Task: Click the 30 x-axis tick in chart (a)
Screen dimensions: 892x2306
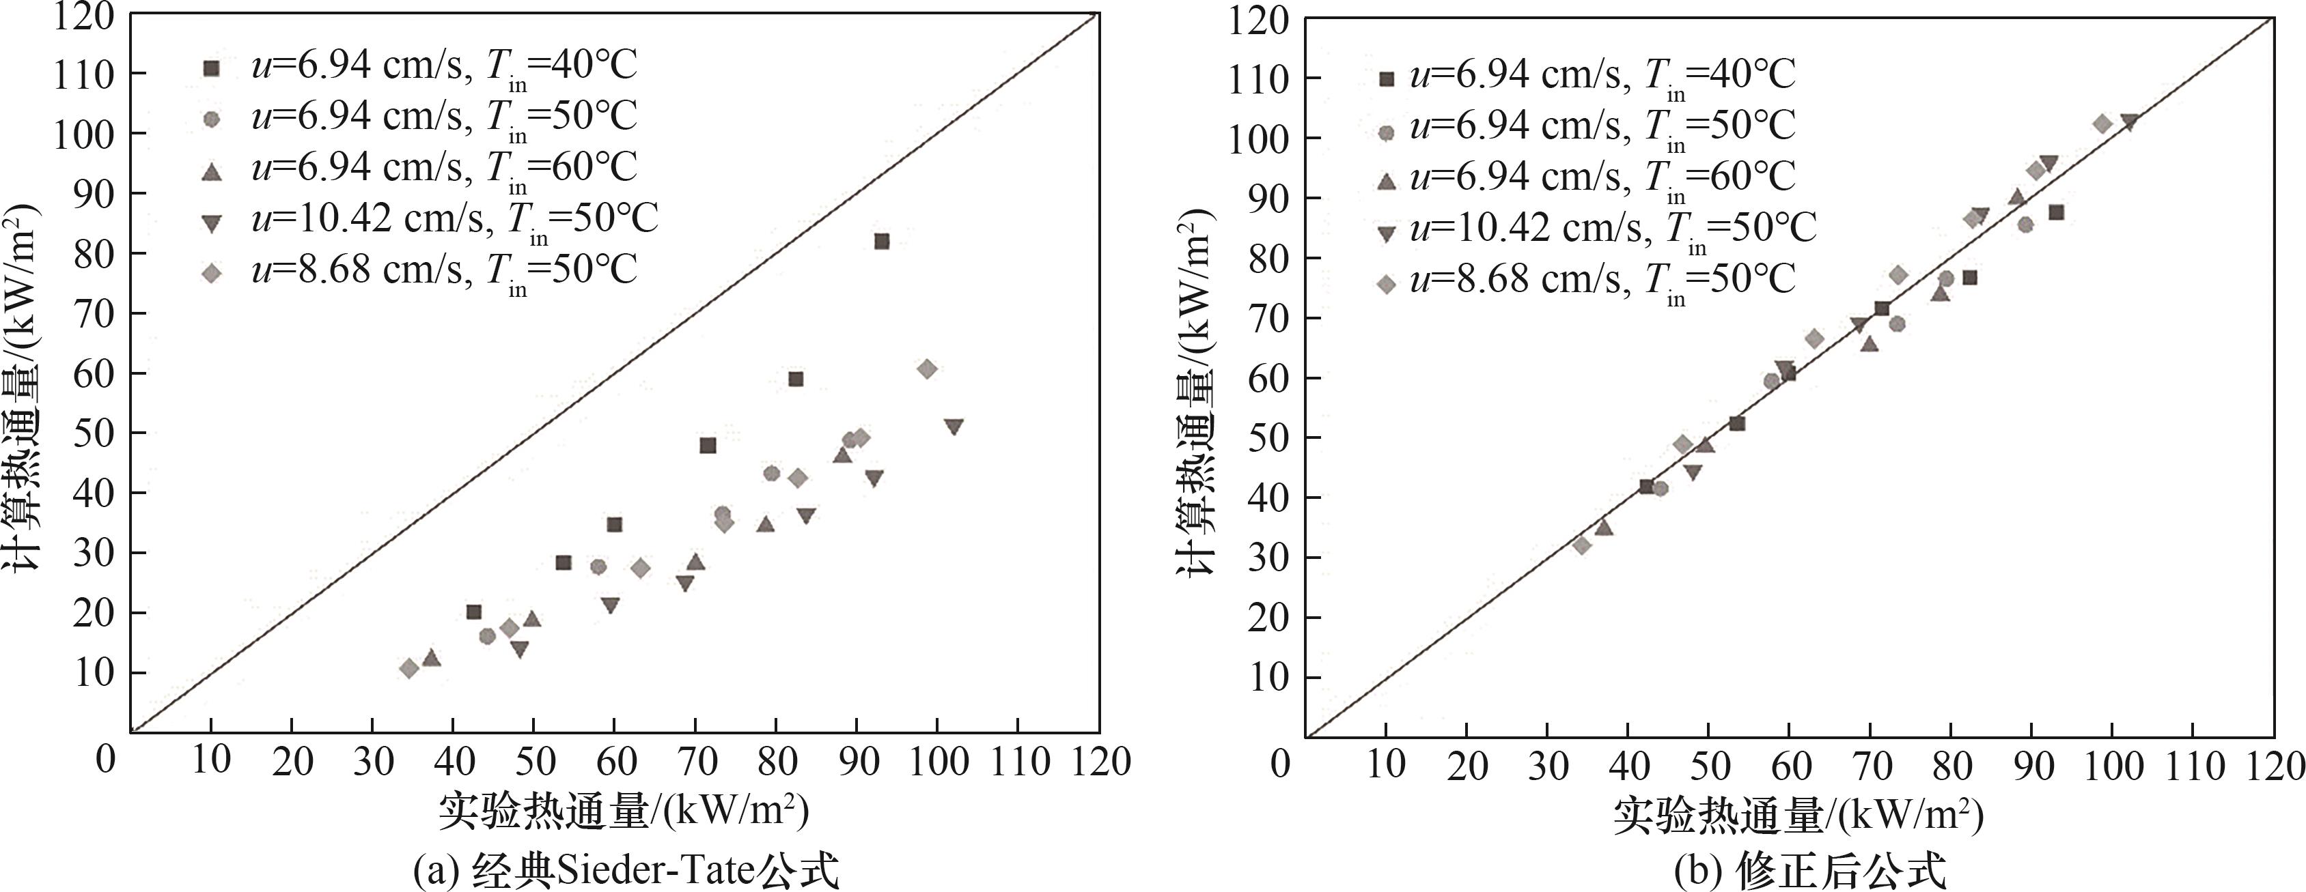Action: click(374, 762)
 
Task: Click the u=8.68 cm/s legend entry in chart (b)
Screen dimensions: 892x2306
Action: click(1602, 280)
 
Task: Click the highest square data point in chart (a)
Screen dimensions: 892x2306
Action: click(882, 242)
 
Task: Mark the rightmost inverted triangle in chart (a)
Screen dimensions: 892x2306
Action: click(954, 427)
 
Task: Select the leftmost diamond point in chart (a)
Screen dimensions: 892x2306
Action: click(409, 668)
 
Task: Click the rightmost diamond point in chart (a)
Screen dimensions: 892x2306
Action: click(928, 369)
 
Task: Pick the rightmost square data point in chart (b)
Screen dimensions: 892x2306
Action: click(2056, 213)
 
